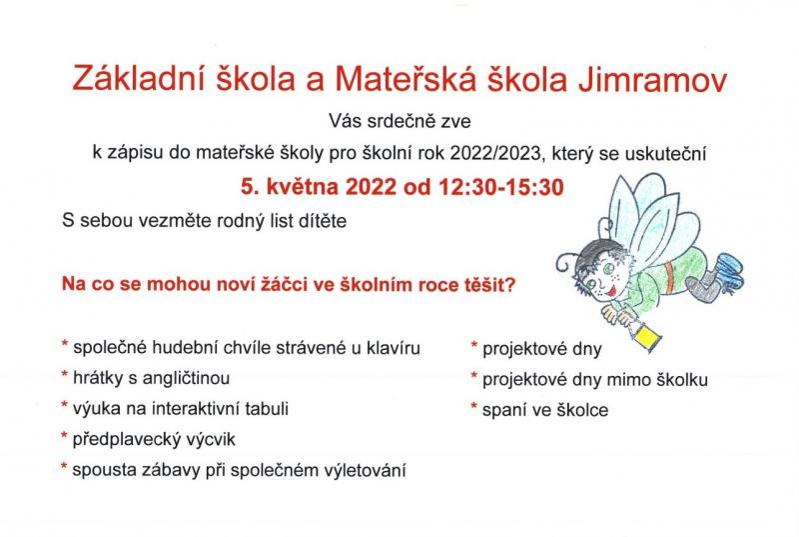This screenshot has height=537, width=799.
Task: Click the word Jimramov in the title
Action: pos(652,80)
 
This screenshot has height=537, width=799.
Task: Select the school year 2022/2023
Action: pos(494,152)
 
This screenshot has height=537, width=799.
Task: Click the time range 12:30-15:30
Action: pos(501,187)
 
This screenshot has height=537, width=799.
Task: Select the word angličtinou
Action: pos(186,378)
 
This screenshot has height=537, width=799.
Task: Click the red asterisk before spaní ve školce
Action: pos(473,407)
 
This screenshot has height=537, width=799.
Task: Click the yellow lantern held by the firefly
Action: pos(644,337)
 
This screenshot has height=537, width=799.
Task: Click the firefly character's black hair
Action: pos(597,251)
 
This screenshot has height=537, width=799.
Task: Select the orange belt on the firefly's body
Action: pos(669,277)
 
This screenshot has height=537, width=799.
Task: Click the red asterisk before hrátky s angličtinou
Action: pos(65,375)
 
